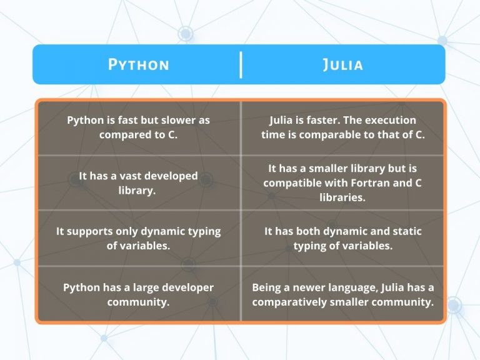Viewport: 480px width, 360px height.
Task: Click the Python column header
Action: (x=138, y=64)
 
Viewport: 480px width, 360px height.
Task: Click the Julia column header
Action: (x=343, y=64)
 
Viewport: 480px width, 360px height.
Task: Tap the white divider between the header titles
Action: (x=241, y=65)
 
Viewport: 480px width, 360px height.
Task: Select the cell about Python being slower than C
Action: (x=138, y=127)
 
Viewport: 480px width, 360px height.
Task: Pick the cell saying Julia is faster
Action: (x=343, y=127)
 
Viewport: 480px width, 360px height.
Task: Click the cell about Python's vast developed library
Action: (x=138, y=182)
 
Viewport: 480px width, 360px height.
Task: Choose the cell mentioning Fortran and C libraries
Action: (x=343, y=182)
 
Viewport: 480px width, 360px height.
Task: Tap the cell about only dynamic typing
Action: (x=138, y=238)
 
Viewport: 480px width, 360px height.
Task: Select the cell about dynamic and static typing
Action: (x=343, y=238)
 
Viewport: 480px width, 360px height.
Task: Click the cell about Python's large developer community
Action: (x=138, y=294)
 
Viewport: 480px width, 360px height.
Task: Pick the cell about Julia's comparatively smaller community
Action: (x=343, y=294)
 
